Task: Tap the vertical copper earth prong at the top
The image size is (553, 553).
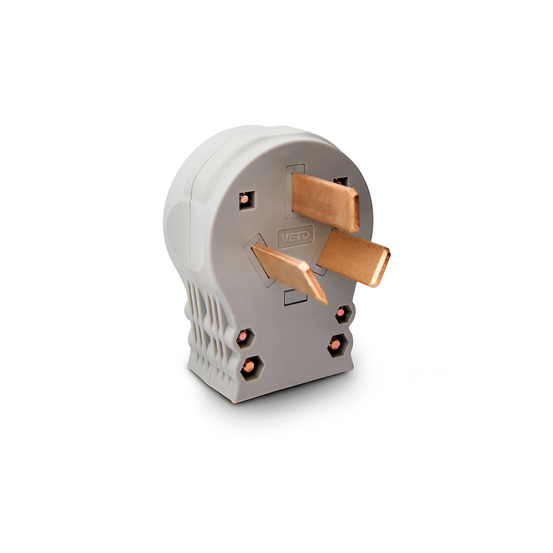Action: coord(325,201)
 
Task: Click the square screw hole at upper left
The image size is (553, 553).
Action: coord(247,200)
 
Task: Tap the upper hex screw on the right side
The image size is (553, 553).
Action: coord(343,314)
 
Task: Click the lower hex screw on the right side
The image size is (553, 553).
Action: coord(338,345)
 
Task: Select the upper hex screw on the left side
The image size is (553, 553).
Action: coord(245,338)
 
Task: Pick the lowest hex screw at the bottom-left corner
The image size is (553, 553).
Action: coord(252,369)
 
